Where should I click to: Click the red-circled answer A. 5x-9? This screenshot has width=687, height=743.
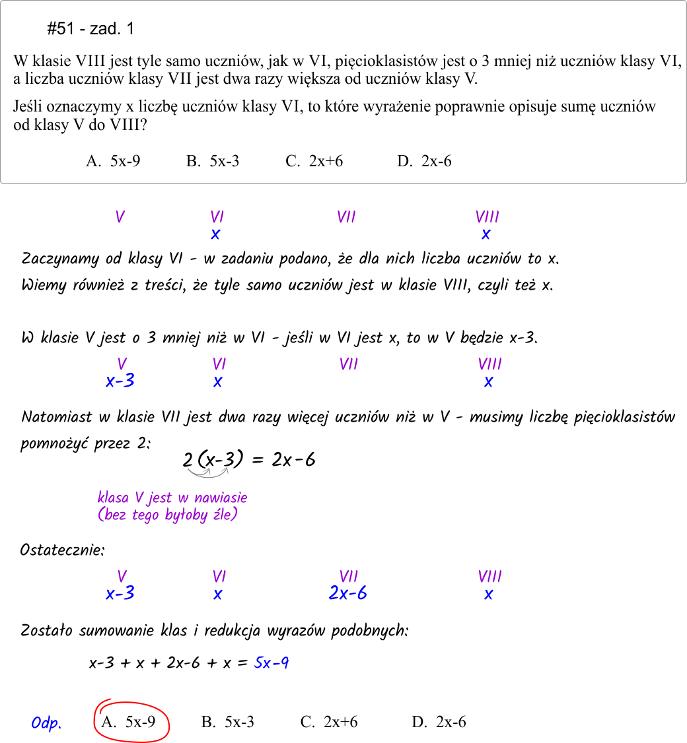pyautogui.click(x=129, y=722)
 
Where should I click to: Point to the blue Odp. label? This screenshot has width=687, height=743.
pyautogui.click(x=46, y=723)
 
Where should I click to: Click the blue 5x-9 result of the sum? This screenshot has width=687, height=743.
pyautogui.click(x=271, y=662)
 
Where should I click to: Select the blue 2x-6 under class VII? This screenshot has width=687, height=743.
pyautogui.click(x=347, y=593)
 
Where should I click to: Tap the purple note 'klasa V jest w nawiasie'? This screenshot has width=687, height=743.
pyautogui.click(x=172, y=498)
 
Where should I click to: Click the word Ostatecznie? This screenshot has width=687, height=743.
pyautogui.click(x=62, y=550)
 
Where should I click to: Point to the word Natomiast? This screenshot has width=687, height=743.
pyautogui.click(x=57, y=417)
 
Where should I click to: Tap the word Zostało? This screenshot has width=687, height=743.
pyautogui.click(x=46, y=630)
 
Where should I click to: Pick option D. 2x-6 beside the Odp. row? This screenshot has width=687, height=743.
pyautogui.click(x=439, y=722)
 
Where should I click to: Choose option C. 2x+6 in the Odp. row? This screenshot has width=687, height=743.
pyautogui.click(x=329, y=722)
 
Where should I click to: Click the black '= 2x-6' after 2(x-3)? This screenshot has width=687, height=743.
pyautogui.click(x=284, y=459)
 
